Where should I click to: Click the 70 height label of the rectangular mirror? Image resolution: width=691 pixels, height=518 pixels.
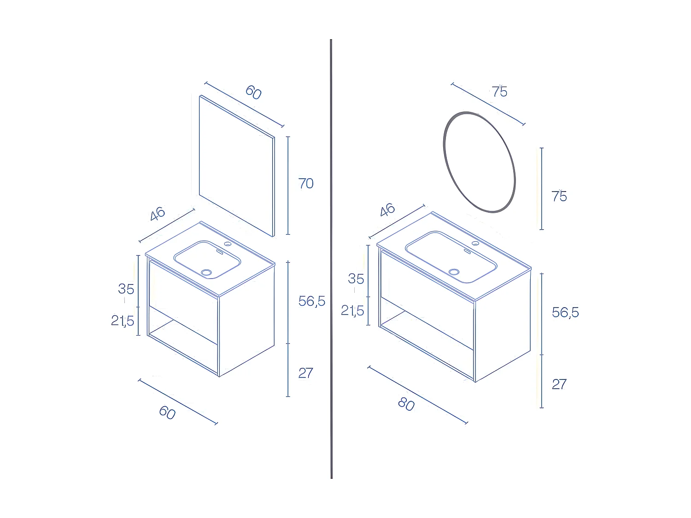coord(306,184)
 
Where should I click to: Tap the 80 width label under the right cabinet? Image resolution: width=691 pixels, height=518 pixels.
coord(406,404)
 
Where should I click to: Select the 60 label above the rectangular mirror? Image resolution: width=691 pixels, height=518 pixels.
coord(253,92)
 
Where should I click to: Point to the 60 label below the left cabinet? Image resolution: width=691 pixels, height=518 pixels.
coord(167,412)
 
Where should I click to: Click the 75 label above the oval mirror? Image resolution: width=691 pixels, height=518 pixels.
coord(499,92)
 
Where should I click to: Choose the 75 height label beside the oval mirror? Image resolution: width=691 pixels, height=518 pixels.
coord(559,197)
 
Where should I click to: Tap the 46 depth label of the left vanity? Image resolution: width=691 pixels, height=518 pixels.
coord(157,214)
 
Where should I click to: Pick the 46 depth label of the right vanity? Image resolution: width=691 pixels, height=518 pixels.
coord(387,210)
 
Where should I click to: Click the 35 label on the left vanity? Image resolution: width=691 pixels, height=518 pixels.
coord(126,289)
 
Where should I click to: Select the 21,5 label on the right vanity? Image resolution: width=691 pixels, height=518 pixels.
coord(352,311)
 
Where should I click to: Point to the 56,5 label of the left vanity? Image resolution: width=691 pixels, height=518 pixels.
coord(312,301)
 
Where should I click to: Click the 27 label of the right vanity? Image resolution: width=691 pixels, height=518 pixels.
coord(559,384)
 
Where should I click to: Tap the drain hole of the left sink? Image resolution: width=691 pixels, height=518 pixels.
coord(206,273)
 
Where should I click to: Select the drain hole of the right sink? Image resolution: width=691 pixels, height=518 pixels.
coord(455,272)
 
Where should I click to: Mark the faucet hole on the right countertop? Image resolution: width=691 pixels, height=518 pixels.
coord(475,243)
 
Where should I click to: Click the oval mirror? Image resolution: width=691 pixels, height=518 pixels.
coord(479,162)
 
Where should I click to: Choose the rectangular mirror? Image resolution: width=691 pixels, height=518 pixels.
coord(236,166)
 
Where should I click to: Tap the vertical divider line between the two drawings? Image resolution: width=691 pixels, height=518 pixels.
coord(331,258)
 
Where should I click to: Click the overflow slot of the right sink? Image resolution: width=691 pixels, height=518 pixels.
coord(466,251)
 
